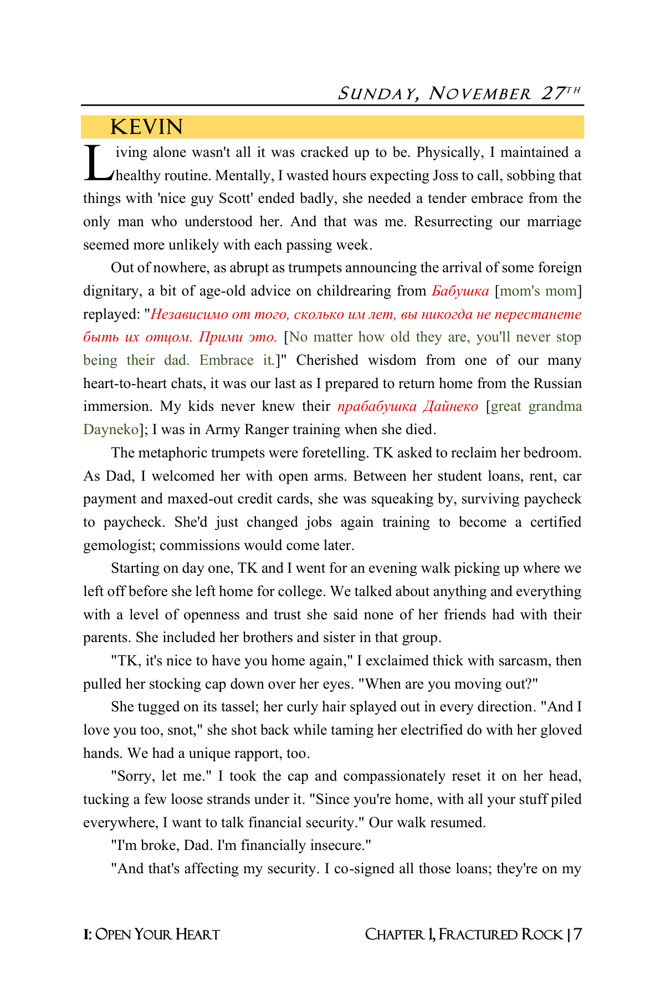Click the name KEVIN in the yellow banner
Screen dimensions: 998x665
(146, 127)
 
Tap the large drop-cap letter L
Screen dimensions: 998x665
(99, 164)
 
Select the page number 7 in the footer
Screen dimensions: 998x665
(577, 935)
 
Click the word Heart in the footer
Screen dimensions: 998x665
(197, 935)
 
